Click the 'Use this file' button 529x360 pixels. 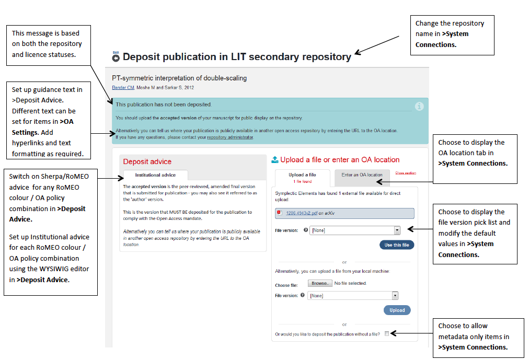point(397,245)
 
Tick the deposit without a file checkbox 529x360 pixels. point(387,333)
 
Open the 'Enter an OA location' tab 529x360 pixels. point(362,175)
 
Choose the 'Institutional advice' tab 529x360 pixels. point(155,175)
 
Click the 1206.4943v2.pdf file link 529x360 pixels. point(302,213)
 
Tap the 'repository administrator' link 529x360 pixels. point(230,137)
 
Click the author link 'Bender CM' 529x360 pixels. point(123,87)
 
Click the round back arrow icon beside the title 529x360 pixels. point(116,57)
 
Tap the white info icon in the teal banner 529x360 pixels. point(419,106)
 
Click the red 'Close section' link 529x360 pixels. point(405,173)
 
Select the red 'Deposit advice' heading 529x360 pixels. point(147,161)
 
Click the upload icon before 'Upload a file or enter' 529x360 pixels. point(275,160)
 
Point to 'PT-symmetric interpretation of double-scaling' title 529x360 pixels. point(179,78)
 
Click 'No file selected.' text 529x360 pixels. point(350,283)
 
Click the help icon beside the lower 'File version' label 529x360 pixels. point(303,295)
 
